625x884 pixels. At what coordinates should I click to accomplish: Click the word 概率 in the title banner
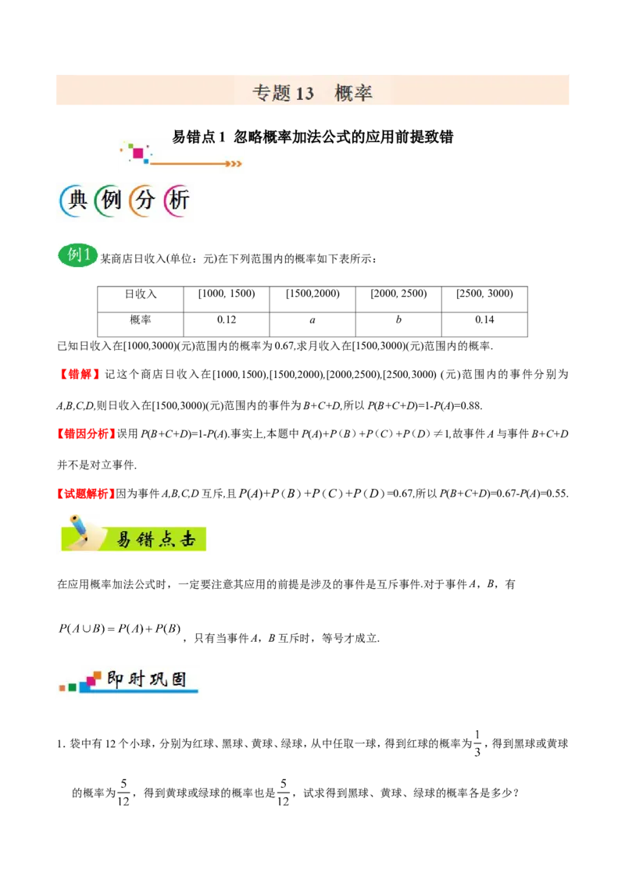click(x=353, y=93)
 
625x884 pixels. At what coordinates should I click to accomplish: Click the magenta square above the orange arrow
click(x=138, y=153)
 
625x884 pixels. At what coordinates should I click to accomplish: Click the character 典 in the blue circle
click(x=76, y=201)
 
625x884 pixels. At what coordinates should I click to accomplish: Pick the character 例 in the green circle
click(x=111, y=201)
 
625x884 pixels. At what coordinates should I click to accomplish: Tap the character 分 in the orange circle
click(x=145, y=201)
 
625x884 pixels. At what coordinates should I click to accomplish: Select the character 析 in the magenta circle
click(x=179, y=201)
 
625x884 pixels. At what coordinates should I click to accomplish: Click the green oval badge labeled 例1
click(x=78, y=255)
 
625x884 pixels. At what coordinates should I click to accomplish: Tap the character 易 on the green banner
click(x=123, y=539)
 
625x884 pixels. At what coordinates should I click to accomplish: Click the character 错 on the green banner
click(x=145, y=539)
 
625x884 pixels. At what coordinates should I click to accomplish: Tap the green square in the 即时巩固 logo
click(x=72, y=688)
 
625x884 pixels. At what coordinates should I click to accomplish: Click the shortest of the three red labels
click(x=78, y=374)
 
